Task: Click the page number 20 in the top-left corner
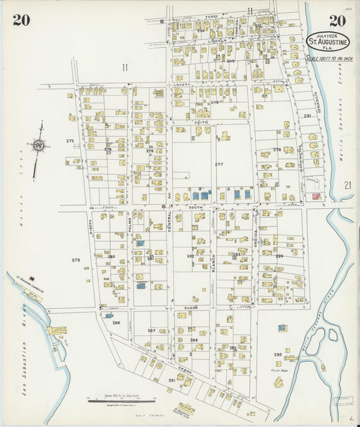(x=21, y=20)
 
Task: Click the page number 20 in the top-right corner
(x=338, y=20)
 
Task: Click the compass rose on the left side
(x=39, y=144)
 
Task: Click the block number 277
(x=219, y=164)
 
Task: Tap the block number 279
(x=76, y=259)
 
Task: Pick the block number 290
(x=278, y=354)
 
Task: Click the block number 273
(x=70, y=141)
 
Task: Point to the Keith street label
(x=200, y=122)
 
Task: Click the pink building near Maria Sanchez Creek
(x=315, y=196)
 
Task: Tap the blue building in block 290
(x=282, y=328)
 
